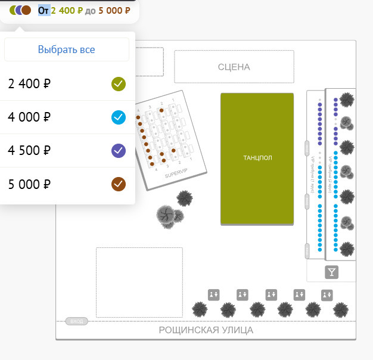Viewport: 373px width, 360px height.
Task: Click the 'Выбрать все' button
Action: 67,50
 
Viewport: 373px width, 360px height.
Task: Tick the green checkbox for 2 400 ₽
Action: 119,83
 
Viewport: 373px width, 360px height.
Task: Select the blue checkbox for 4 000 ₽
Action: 119,117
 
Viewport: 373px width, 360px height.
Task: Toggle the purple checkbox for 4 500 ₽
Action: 119,150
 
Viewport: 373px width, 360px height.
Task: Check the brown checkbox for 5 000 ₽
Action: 119,184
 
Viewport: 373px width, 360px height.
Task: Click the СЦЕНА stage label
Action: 234,67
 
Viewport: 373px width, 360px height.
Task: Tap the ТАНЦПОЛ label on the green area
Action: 257,158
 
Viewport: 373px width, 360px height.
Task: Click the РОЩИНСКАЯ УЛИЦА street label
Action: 206,330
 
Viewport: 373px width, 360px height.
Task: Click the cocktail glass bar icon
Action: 332,272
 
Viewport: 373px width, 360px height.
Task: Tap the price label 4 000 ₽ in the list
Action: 25,117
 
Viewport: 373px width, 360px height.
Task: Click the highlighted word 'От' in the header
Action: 44,10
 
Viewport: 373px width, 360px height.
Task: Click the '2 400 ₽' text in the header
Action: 67,10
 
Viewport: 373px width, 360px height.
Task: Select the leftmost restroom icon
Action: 213,294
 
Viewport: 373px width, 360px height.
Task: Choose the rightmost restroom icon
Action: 327,294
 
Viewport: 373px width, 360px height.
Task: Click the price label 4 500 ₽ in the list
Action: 25,150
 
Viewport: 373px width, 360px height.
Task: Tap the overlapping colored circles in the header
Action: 20,10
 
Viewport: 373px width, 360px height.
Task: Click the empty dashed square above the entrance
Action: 139,283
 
